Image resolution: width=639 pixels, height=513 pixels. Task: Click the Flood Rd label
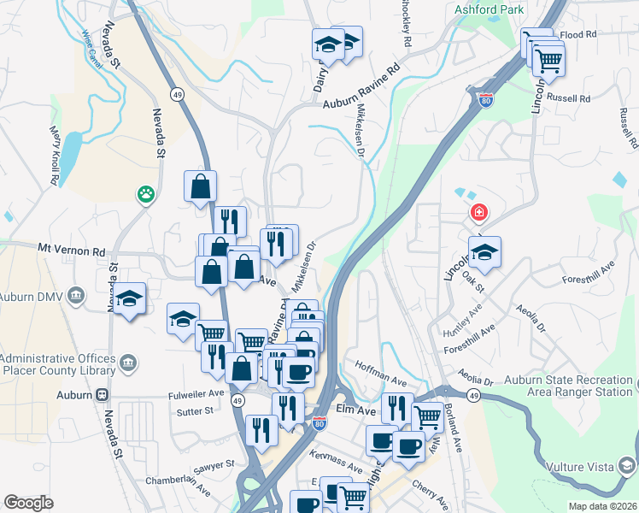pyautogui.click(x=577, y=35)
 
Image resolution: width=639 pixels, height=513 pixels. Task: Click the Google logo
pyautogui.click(x=28, y=502)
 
